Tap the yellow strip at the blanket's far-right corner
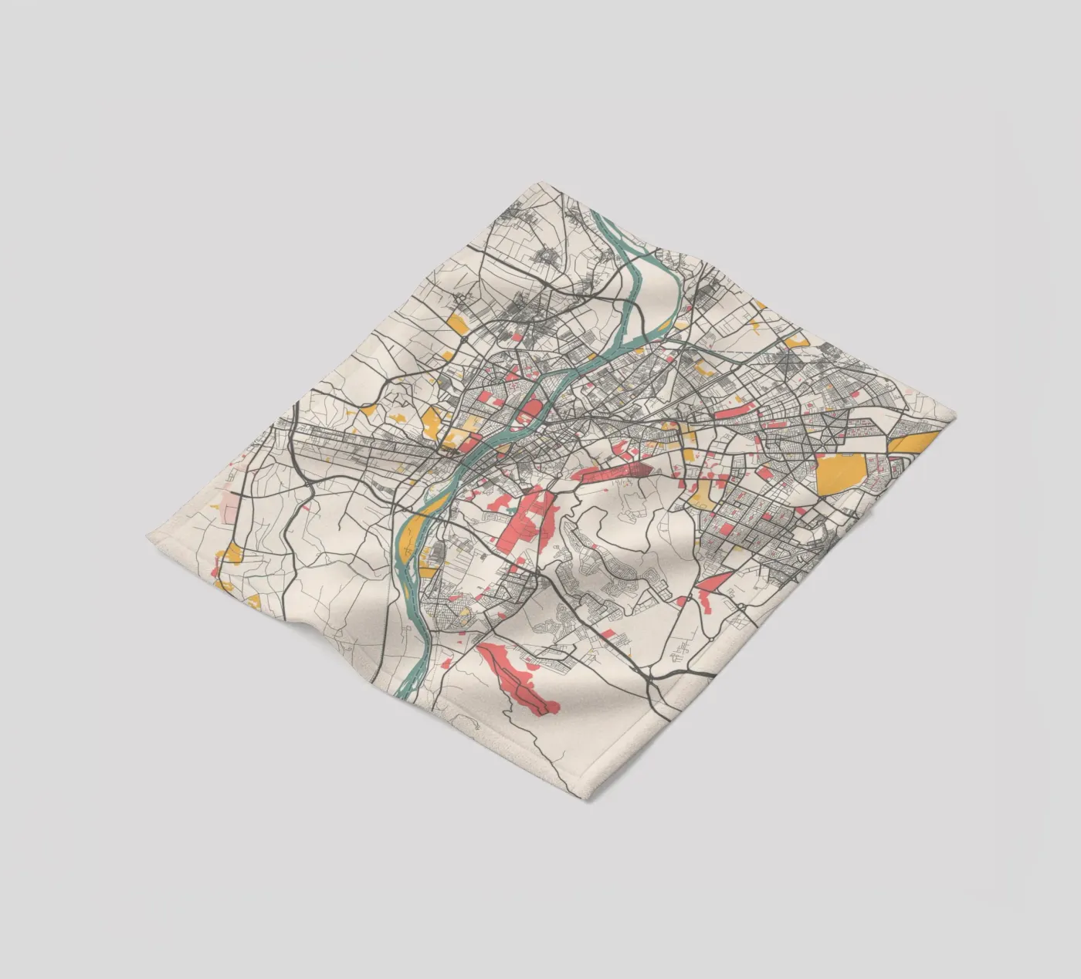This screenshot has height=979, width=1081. click(x=915, y=441)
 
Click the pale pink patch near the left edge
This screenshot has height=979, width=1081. click(x=231, y=509)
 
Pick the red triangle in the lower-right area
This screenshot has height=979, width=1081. click(x=714, y=586)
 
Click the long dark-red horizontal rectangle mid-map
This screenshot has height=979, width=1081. click(x=614, y=473)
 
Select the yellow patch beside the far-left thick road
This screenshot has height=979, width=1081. click(x=232, y=553)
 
